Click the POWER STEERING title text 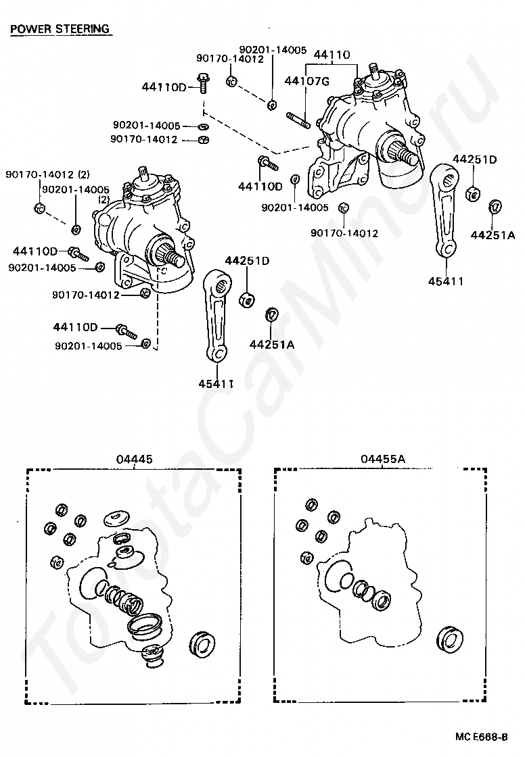point(60,29)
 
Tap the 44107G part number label point(306,82)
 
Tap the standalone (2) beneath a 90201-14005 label point(104,200)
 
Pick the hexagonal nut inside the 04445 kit point(57,562)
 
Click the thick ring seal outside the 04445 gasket point(201,643)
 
